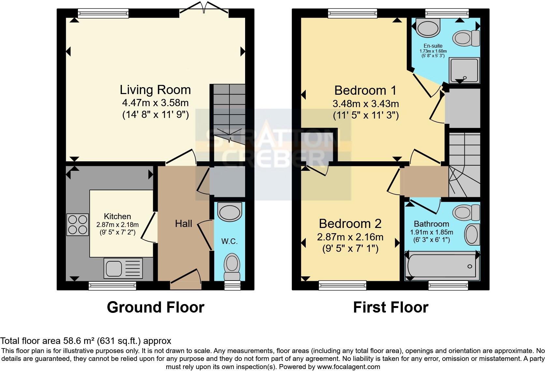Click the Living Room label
click(155, 90)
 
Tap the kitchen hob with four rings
click(78, 224)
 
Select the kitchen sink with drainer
click(124, 268)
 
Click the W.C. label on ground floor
click(229, 241)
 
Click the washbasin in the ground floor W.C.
click(230, 212)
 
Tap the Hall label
click(183, 224)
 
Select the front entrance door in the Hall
click(186, 281)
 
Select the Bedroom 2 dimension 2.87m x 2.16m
click(350, 237)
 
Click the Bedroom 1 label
click(365, 90)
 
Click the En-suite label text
click(433, 46)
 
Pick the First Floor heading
click(390, 307)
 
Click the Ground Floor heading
click(155, 307)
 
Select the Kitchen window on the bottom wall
click(112, 286)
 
